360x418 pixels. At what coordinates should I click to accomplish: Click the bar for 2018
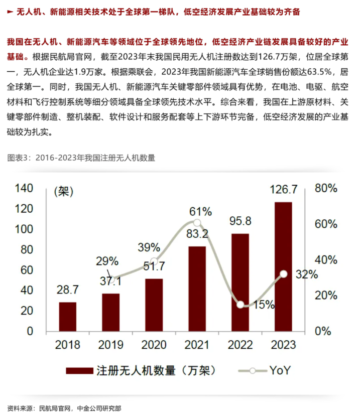[67, 316]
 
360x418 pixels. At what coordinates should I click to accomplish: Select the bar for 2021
[197, 289]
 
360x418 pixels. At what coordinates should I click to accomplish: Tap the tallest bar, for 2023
[283, 266]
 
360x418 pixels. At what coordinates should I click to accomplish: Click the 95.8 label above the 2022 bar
[241, 221]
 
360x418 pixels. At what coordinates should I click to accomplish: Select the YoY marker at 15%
[241, 305]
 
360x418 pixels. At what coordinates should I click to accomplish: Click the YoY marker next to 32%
[284, 274]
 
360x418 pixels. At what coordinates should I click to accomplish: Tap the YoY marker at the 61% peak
[197, 223]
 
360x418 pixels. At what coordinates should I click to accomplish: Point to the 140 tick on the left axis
[24, 188]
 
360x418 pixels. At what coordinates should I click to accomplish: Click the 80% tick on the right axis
[326, 188]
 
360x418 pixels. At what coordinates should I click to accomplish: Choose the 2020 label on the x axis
[154, 345]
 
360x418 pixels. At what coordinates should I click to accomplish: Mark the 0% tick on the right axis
[326, 331]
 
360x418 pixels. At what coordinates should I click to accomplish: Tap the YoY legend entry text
[280, 371]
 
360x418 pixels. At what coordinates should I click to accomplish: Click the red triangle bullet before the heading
[11, 12]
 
